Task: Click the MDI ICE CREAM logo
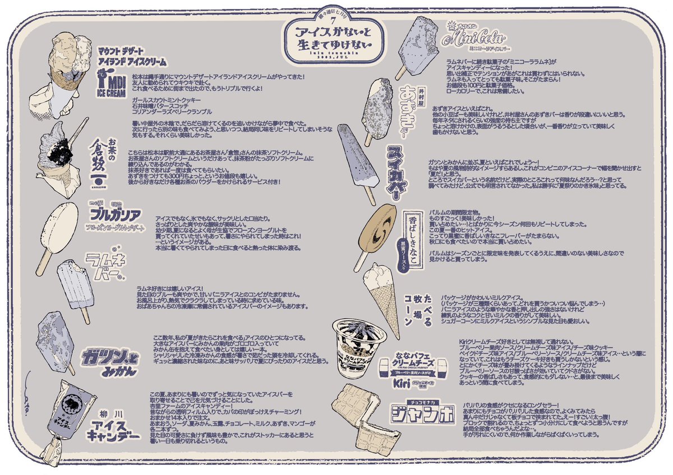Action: coord(112,86)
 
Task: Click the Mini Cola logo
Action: coord(474,39)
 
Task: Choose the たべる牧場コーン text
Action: coord(420,309)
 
